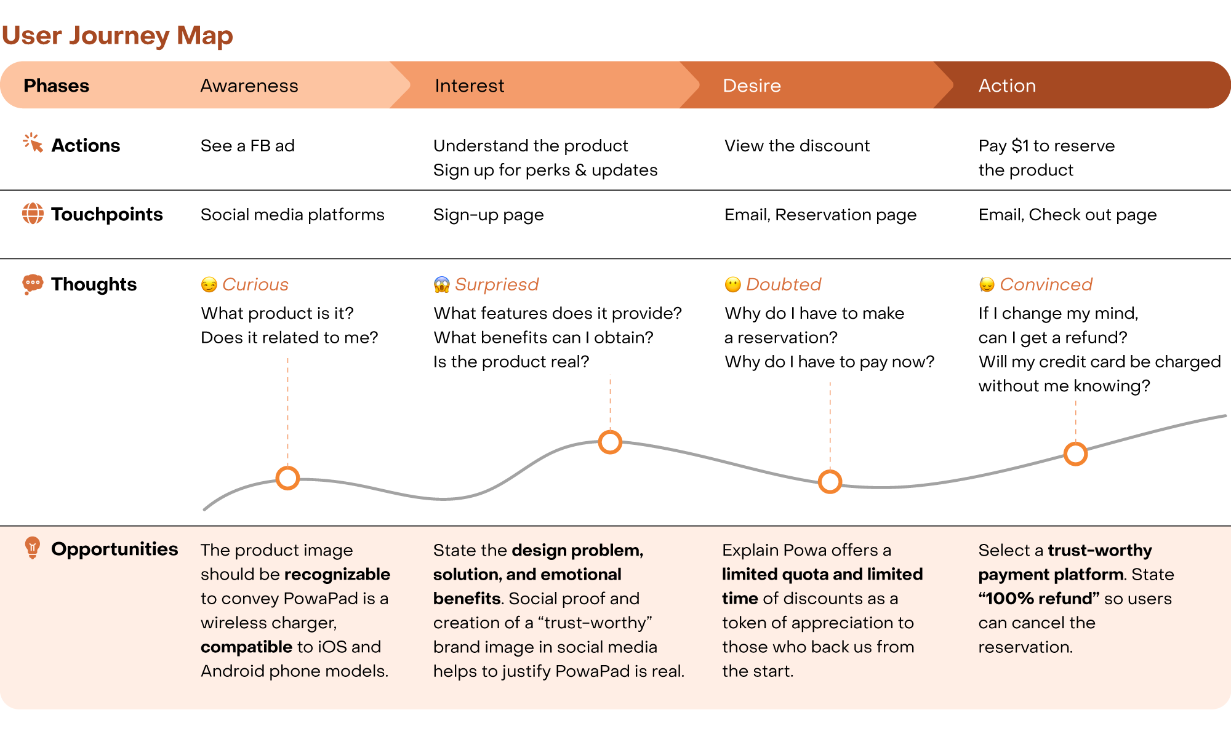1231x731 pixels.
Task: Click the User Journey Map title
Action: (117, 36)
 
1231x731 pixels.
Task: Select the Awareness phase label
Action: (249, 86)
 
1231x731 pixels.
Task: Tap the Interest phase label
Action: (469, 86)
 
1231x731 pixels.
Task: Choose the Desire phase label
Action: (752, 86)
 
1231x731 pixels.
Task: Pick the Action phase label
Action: (1007, 86)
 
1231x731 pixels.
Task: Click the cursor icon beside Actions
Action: (33, 143)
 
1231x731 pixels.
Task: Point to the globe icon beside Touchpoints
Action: (33, 214)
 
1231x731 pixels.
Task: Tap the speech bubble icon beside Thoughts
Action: (33, 284)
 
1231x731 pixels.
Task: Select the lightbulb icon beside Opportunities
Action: (33, 547)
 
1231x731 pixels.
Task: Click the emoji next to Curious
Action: (209, 284)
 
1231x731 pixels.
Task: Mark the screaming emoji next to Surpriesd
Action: (441, 284)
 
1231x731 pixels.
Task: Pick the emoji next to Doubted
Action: (732, 284)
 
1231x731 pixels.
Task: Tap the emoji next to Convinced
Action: (987, 284)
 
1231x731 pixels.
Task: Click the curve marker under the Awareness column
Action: (287, 478)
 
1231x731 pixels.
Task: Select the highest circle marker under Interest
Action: (610, 442)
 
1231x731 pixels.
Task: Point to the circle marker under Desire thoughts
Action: (830, 481)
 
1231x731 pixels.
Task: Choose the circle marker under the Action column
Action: (1075, 454)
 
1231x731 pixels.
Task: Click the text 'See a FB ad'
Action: (247, 146)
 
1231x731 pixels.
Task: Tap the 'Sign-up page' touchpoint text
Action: (488, 215)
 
